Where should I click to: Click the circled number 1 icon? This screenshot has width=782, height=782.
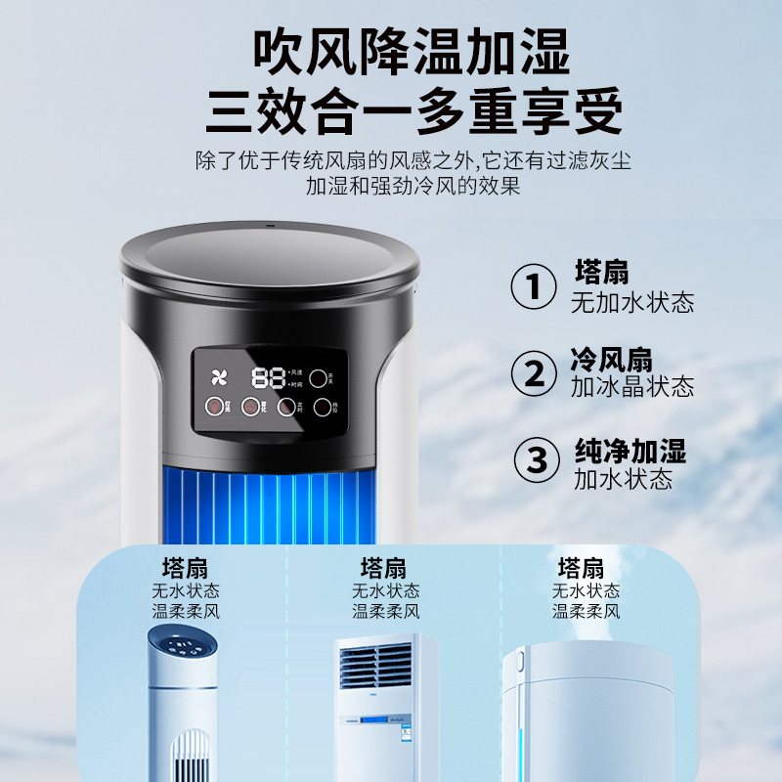pyautogui.click(x=535, y=286)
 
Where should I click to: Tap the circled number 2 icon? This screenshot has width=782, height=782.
pyautogui.click(x=535, y=372)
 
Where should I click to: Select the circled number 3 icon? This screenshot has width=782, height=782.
pyautogui.click(x=537, y=459)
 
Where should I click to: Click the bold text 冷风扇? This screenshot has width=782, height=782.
pyautogui.click(x=611, y=359)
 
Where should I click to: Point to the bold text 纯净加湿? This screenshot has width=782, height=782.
pyautogui.click(x=630, y=451)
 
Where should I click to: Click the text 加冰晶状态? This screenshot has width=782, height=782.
pyautogui.click(x=632, y=387)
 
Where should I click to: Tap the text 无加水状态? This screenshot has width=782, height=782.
pyautogui.click(x=632, y=302)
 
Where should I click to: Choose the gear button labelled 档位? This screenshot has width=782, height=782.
pyautogui.click(x=324, y=408)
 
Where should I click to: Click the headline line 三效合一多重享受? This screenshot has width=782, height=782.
pyautogui.click(x=413, y=112)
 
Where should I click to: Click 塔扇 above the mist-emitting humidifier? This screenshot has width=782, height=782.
pyautogui.click(x=581, y=568)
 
